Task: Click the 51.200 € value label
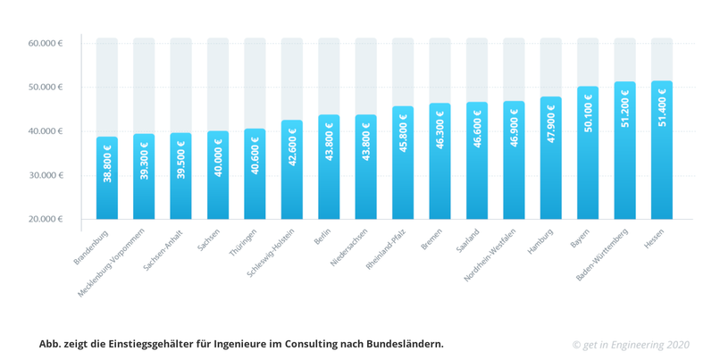point(625,109)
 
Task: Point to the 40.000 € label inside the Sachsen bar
point(218,157)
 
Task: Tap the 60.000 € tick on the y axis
point(46,43)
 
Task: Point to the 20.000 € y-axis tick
point(46,219)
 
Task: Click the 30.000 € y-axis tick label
point(46,175)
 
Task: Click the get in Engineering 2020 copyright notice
point(631,344)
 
